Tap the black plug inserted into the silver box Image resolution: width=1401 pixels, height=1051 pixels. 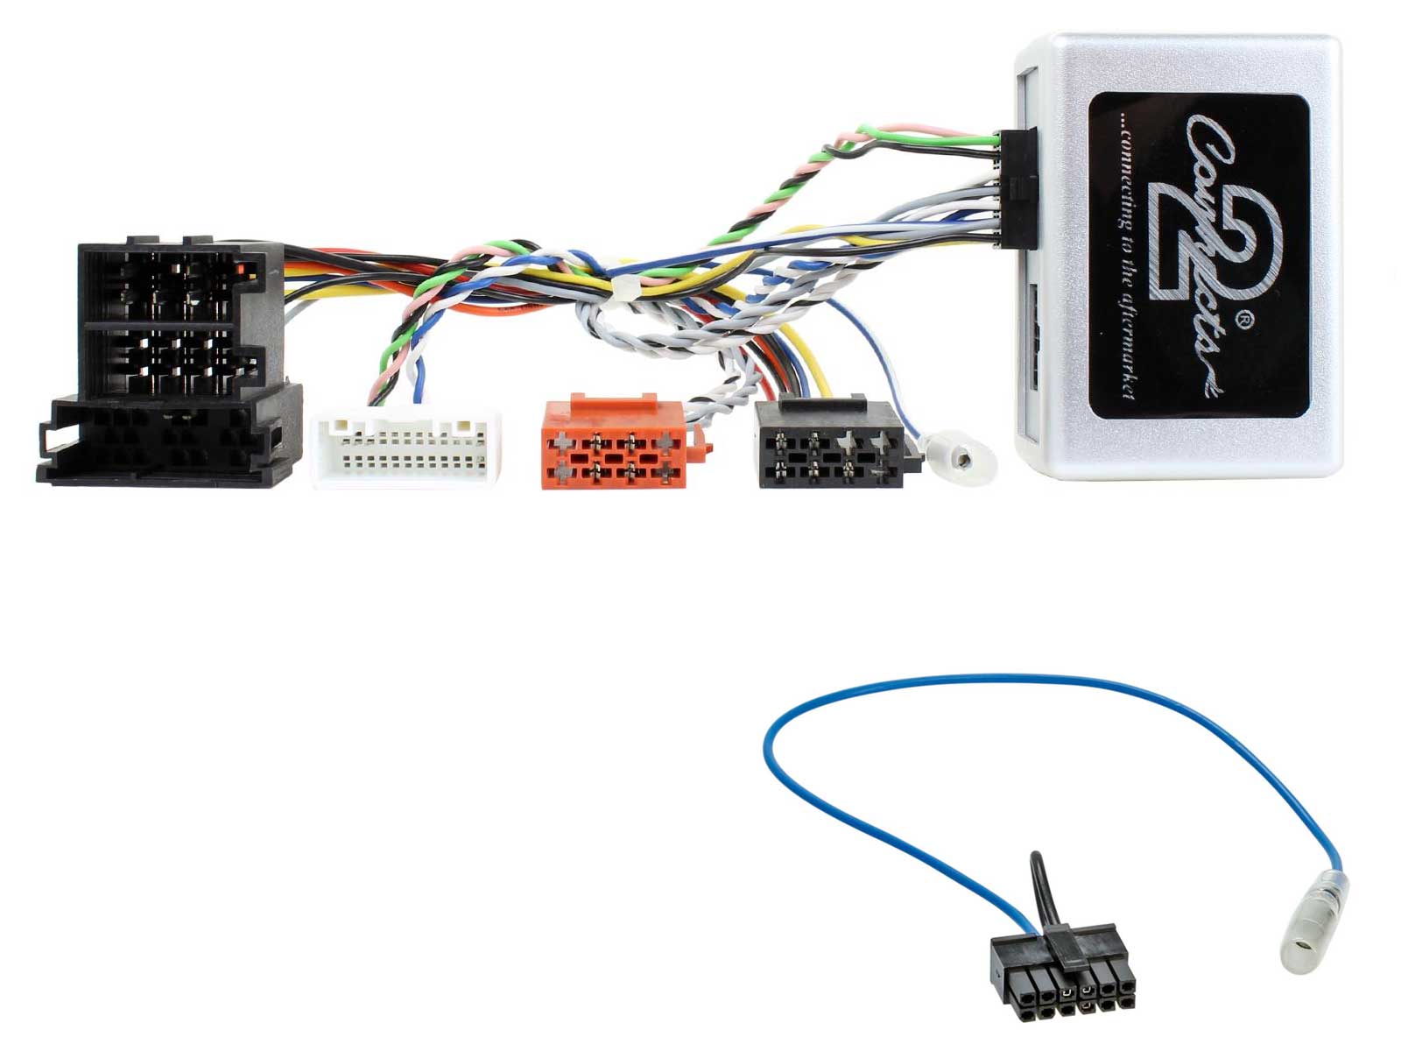coord(1017,189)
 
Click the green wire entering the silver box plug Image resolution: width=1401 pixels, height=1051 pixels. coord(926,135)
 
